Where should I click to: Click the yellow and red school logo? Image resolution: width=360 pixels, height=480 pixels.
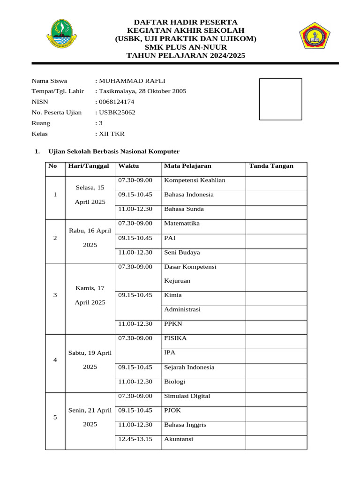point(315,36)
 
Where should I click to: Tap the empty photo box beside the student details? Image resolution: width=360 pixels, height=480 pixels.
point(280,99)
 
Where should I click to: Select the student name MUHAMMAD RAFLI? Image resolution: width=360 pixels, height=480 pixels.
point(131,81)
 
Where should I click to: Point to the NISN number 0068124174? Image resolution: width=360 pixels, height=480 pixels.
point(116,102)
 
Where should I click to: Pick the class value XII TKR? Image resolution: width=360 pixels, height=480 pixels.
point(111,134)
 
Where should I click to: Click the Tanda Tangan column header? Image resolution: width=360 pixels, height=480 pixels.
point(271,166)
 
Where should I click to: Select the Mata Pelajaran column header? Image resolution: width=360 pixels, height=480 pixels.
point(187,166)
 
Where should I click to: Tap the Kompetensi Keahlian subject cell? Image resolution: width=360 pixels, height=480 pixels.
point(195,180)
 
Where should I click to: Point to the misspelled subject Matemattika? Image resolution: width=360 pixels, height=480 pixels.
point(182,224)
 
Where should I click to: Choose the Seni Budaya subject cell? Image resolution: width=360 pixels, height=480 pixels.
point(182,253)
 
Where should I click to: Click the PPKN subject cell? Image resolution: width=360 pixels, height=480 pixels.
point(173,324)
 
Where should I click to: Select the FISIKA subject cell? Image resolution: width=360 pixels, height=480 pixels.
point(175,338)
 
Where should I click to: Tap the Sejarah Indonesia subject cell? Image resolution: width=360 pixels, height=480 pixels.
point(189,367)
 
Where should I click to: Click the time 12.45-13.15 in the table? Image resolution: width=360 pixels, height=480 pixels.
point(135,439)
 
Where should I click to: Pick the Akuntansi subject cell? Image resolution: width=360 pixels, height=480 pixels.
point(179,439)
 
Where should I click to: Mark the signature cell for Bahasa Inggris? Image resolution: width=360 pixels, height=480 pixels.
point(276,425)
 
